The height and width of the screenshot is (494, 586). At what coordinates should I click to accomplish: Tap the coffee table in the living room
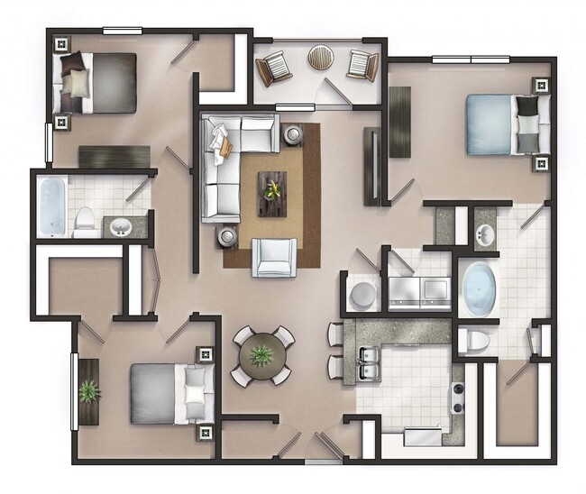click(272, 193)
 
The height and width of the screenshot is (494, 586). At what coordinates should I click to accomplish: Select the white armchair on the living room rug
click(273, 256)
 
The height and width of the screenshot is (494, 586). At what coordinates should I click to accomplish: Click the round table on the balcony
click(320, 58)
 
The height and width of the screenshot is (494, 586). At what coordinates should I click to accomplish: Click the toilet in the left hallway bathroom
click(86, 221)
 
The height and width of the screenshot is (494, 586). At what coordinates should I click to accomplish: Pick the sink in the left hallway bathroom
click(121, 226)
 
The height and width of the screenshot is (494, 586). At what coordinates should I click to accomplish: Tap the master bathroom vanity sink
click(485, 234)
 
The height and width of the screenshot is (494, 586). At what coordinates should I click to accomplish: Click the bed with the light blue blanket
click(501, 126)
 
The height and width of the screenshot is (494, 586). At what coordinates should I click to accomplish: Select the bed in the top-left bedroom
click(96, 83)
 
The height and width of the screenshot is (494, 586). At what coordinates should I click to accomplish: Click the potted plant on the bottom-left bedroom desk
click(88, 391)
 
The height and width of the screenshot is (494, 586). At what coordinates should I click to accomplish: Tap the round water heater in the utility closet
click(363, 295)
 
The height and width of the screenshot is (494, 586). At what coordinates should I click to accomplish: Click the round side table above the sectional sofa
click(294, 135)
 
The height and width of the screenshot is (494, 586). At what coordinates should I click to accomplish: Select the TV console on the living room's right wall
click(371, 166)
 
